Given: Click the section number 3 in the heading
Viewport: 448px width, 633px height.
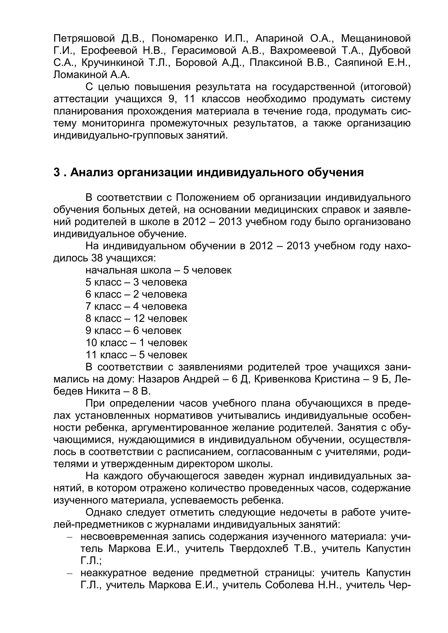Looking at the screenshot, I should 57,173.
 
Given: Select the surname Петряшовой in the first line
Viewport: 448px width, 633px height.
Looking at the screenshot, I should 84,38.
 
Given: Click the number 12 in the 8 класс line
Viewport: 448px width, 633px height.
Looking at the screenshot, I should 139,318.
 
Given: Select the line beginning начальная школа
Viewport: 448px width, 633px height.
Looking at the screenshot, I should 158,270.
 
